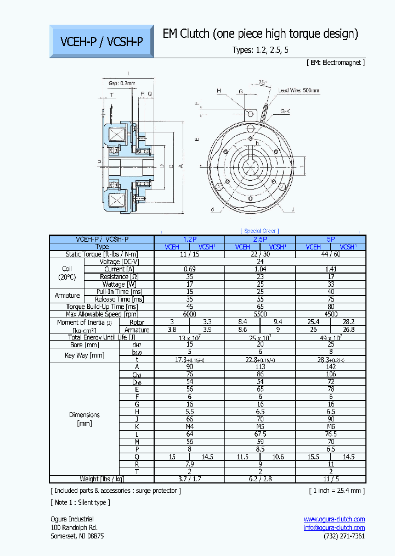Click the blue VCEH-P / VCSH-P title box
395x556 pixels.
[x=101, y=41]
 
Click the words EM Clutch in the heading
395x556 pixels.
[x=187, y=34]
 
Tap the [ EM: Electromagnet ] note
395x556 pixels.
[x=335, y=63]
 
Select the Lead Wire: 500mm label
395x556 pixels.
[x=298, y=90]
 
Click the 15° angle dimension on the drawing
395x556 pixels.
[x=264, y=83]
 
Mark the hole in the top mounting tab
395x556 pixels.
[x=251, y=114]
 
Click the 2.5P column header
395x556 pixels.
[x=260, y=240]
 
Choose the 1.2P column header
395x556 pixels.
[x=189, y=240]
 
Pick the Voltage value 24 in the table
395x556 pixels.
[x=260, y=262]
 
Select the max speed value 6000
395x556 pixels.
[x=189, y=314]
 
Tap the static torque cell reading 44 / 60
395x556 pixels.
[x=331, y=254]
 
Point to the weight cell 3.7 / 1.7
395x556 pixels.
[x=189, y=479]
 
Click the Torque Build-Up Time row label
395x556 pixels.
[x=102, y=307]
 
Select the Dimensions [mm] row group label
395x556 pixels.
[x=84, y=419]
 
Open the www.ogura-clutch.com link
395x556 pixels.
[x=334, y=519]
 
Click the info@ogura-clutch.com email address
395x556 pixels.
[x=334, y=527]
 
